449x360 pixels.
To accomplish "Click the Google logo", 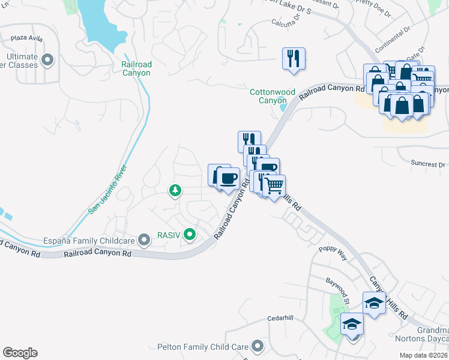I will click(20, 353).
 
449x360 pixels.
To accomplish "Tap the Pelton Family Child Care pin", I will click(258, 346).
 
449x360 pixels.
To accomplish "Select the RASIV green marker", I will click(190, 234).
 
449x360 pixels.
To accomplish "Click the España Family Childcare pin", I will click(143, 241).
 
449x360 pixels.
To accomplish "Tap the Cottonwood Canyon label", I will click(273, 96).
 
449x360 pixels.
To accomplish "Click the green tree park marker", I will click(175, 191).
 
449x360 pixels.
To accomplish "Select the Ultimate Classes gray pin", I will click(47, 60).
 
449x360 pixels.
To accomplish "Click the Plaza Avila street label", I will click(28, 38).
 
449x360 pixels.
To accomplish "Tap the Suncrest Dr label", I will click(428, 163).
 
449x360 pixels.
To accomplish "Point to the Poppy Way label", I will click(333, 253).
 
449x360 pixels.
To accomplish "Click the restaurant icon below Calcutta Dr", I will click(294, 59).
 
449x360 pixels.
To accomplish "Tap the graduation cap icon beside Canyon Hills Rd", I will click(374, 302).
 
